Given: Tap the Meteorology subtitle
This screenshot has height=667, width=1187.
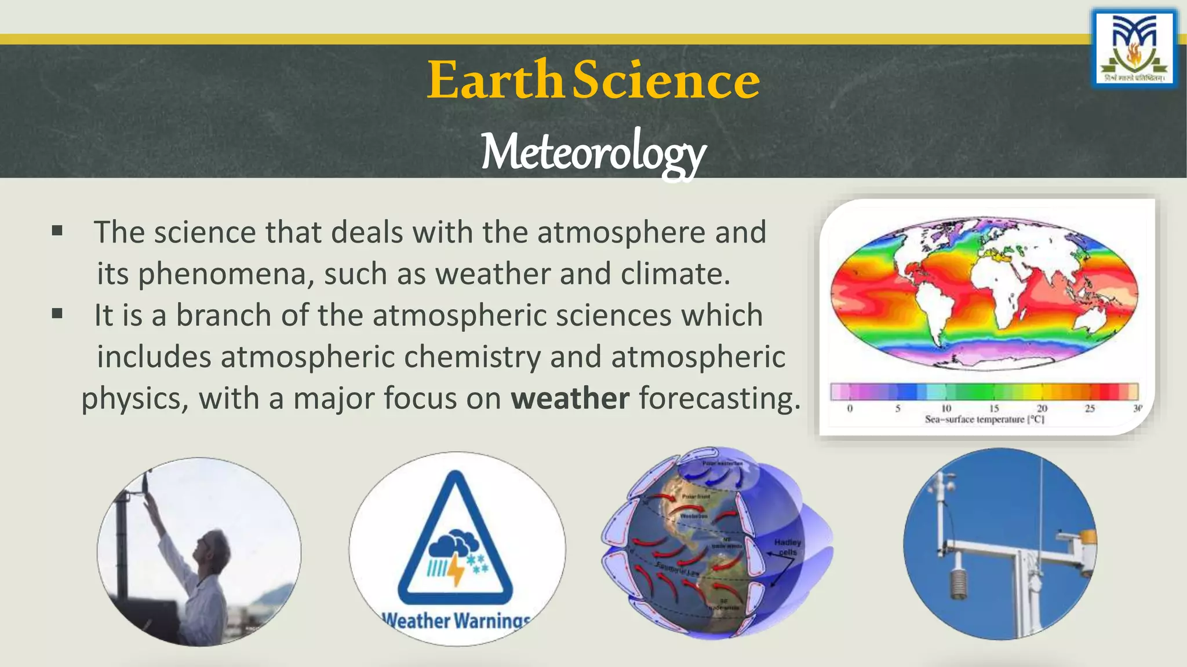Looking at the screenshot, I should click(593, 152).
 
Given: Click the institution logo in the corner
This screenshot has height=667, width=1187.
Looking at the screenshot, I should click(1134, 49).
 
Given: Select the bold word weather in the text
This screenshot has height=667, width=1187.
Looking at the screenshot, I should click(570, 398).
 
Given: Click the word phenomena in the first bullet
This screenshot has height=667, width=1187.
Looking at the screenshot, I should click(225, 274).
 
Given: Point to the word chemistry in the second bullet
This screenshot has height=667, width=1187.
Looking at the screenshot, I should click(472, 357).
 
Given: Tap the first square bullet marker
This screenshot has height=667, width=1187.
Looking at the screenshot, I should click(57, 231).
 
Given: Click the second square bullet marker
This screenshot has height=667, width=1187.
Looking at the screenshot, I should click(57, 314).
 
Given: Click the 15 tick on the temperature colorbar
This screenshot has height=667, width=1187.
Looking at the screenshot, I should click(993, 408).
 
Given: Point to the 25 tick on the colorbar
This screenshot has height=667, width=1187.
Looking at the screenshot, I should click(1090, 408).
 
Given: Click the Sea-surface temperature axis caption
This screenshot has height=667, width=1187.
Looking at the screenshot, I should click(984, 419).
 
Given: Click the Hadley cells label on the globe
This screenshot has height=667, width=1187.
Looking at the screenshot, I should click(787, 547).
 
